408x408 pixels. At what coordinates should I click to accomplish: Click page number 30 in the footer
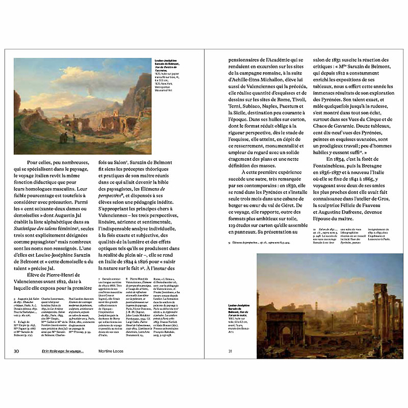click(16, 351)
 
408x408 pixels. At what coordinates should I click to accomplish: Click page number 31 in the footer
click(230, 351)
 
